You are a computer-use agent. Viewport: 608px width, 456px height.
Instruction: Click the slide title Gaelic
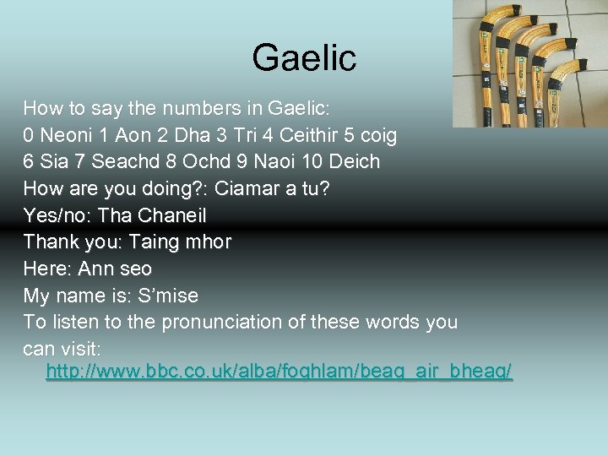(x=304, y=58)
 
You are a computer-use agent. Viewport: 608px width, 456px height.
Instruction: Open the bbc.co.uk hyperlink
(x=279, y=372)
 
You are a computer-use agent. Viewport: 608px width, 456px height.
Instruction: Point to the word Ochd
(x=205, y=161)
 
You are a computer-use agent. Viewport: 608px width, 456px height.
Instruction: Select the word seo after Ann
(x=135, y=269)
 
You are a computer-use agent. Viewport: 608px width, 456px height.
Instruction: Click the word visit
(x=79, y=349)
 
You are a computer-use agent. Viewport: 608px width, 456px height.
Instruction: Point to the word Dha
(x=193, y=135)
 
